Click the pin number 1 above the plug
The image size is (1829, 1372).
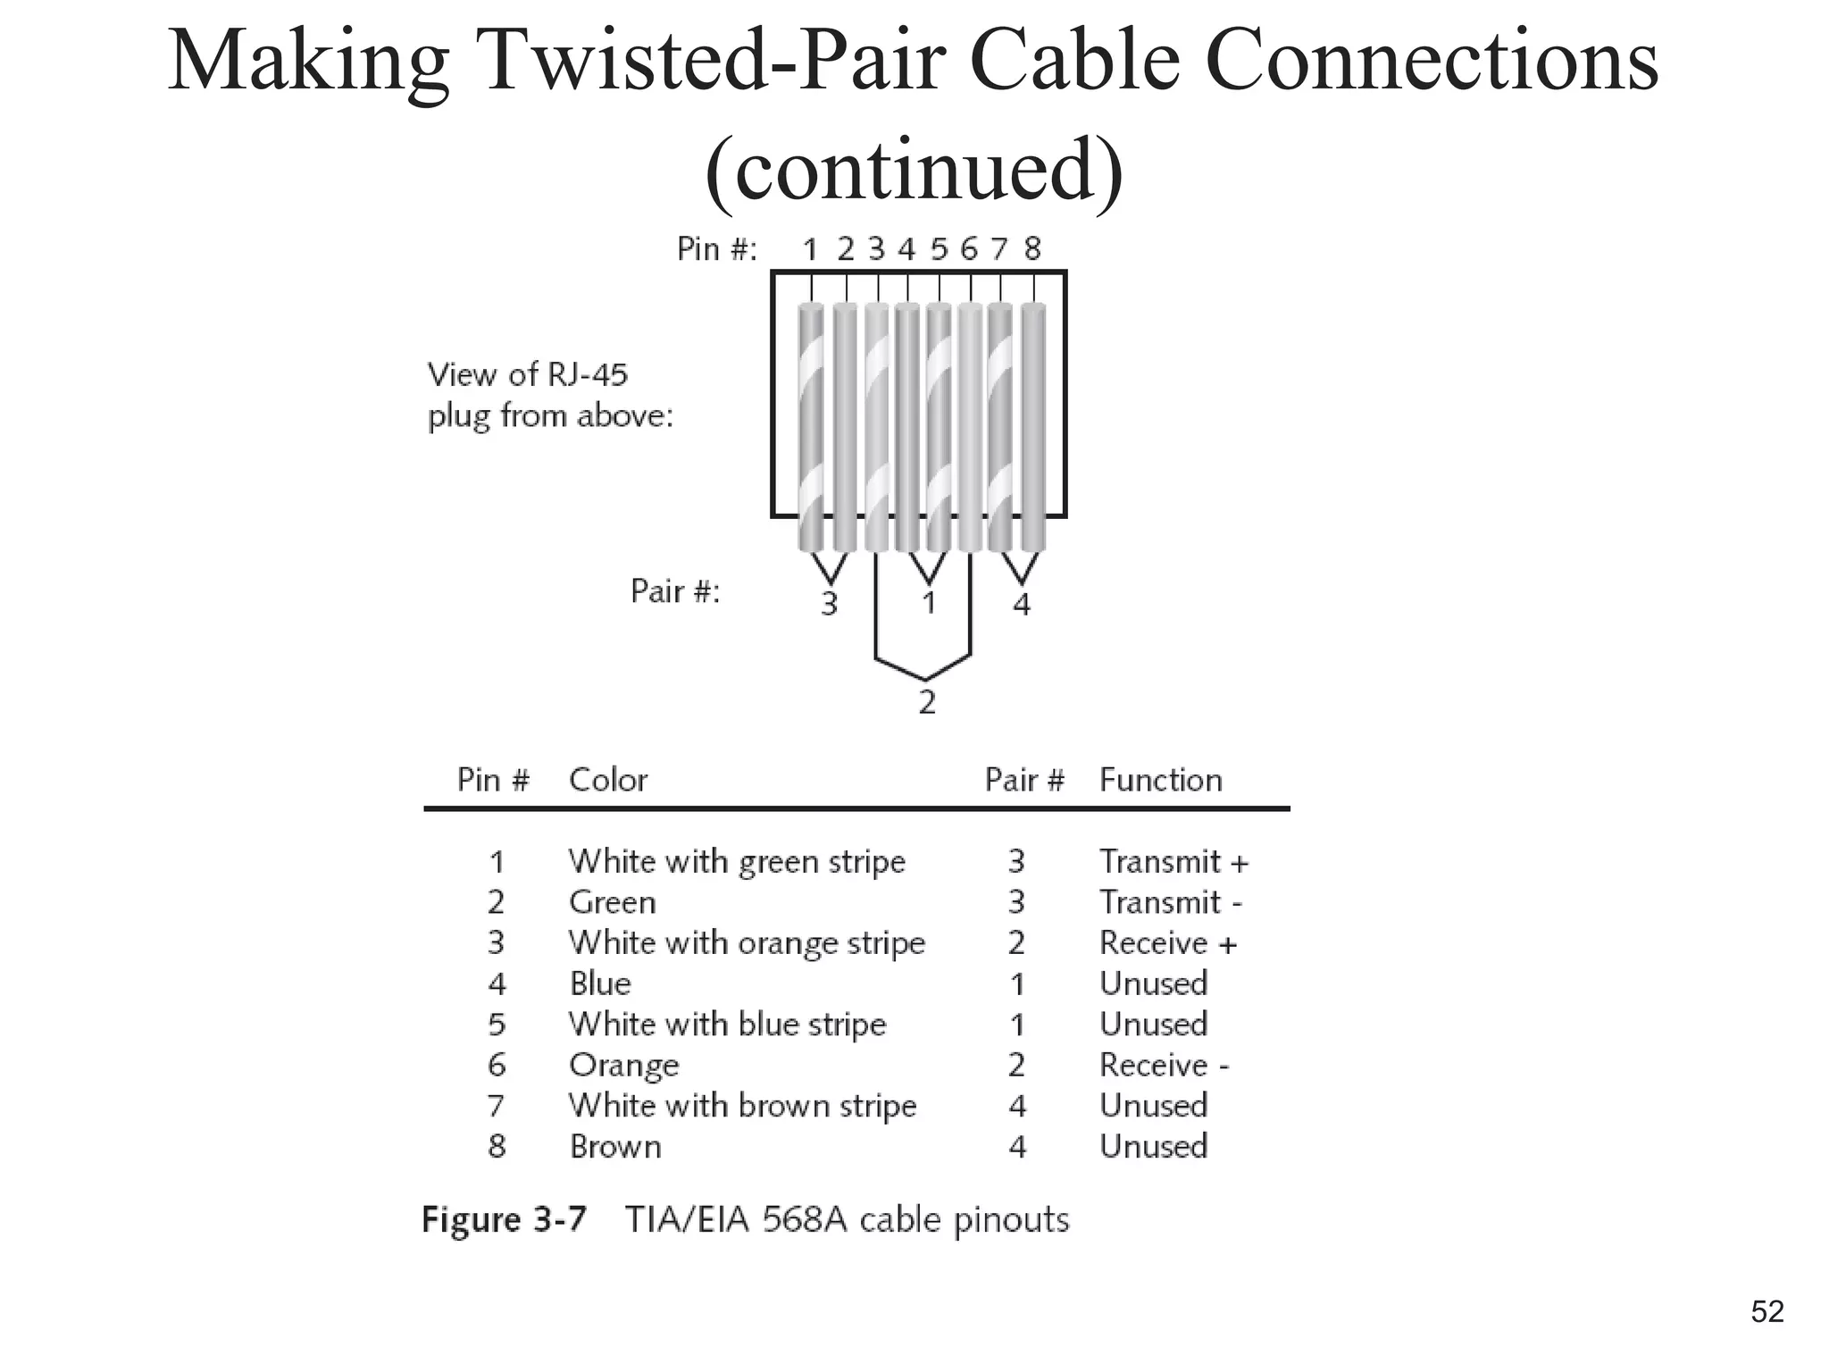coord(810,249)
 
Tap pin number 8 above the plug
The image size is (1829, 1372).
coord(1032,249)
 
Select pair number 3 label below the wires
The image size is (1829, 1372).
coord(829,605)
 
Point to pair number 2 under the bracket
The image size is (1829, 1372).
coord(927,702)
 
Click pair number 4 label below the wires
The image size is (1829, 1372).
coord(1022,605)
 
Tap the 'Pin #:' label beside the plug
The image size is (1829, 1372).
coord(716,249)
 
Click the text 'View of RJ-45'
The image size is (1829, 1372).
coord(528,374)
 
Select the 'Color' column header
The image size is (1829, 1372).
coord(608,780)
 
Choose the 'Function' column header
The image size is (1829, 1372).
coord(1160,780)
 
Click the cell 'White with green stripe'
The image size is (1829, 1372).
coord(737,862)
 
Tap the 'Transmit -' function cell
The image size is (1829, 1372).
coord(1170,902)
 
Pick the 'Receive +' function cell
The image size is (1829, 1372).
coord(1168,943)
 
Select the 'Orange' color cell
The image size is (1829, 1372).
coord(624,1066)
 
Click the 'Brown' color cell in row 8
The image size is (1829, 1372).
coord(615,1147)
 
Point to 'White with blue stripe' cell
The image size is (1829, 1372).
coord(727,1025)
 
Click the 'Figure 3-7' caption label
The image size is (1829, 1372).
coord(505,1220)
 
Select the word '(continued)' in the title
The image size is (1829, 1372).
coord(914,170)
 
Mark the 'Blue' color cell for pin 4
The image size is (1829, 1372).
coord(600,983)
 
